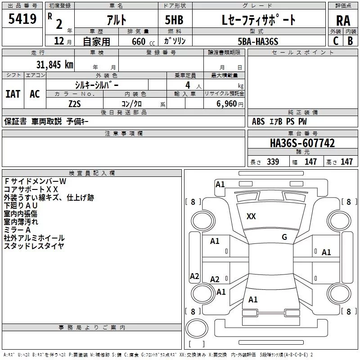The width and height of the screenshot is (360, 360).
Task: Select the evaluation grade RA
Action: [x=343, y=20]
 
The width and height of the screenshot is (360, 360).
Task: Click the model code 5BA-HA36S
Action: [x=258, y=41]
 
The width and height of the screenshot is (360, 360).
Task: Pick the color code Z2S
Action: [x=75, y=103]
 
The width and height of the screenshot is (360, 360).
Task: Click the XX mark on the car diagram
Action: [x=251, y=216]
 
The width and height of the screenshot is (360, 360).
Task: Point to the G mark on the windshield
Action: [x=284, y=237]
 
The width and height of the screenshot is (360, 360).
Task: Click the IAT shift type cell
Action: [x=13, y=94]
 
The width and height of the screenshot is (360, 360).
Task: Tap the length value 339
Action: [x=273, y=162]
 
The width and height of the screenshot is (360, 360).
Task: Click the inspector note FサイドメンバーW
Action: [x=35, y=181]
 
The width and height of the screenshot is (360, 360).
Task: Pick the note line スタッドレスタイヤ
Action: [x=34, y=246]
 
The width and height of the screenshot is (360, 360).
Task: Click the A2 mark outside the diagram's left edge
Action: [x=194, y=276]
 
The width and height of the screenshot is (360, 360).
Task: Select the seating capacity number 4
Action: [x=187, y=85]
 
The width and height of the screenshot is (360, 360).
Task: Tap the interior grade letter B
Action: [x=350, y=40]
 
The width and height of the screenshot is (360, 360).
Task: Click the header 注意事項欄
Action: [x=123, y=134]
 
